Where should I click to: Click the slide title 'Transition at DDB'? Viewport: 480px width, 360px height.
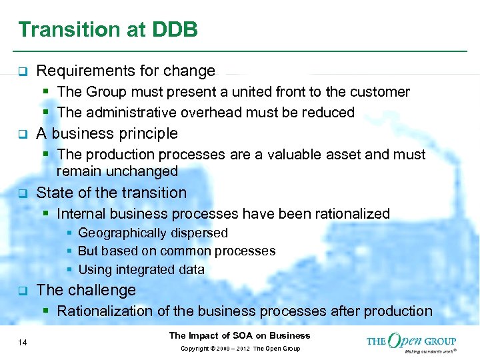pos(108,30)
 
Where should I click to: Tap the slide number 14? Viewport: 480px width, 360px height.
pos(23,342)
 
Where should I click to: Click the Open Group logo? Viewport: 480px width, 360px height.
pos(411,341)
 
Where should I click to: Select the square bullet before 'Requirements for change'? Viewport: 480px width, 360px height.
pos(21,71)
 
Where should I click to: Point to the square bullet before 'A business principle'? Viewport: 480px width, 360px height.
pos(21,134)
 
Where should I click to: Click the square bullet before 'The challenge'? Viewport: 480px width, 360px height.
pos(21,291)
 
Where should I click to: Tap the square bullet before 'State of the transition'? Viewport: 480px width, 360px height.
pos(21,193)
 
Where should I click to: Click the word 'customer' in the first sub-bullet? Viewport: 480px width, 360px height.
pos(382,91)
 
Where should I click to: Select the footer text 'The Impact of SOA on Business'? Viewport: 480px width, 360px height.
pos(239,335)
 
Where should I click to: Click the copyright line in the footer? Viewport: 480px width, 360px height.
pos(239,349)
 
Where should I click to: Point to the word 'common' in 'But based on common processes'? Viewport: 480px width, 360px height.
pos(179,251)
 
